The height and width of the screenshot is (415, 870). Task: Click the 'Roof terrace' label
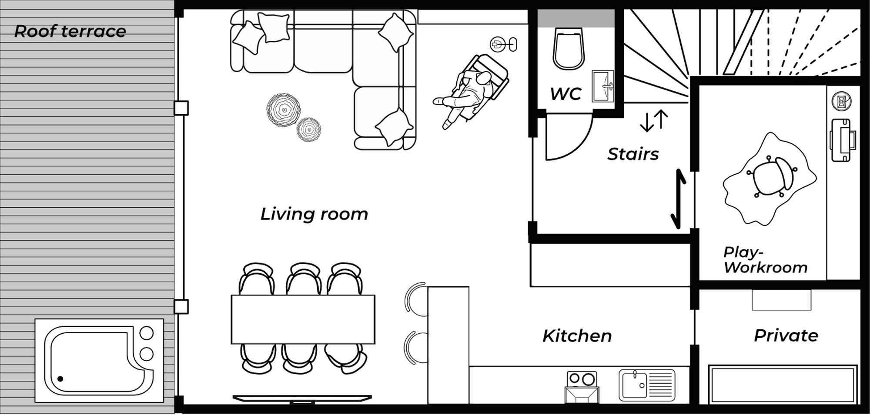(70, 31)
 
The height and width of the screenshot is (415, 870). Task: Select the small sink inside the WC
(603, 86)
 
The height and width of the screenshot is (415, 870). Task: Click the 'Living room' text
(314, 214)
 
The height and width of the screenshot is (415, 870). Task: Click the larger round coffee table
(284, 110)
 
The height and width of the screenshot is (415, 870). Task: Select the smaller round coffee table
(309, 129)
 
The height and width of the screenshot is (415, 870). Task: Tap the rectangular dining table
(303, 319)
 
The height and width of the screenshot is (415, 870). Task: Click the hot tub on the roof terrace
(99, 360)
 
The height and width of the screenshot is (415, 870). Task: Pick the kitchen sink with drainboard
(647, 385)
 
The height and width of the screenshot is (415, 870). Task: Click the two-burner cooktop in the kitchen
(582, 379)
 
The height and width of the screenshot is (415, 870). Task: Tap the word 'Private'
(786, 335)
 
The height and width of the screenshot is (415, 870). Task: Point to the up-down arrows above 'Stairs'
(654, 121)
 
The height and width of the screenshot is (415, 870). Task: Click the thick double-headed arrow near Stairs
(679, 199)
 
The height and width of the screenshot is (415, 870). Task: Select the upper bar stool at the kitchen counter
(415, 297)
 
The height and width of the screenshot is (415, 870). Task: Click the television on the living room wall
(302, 398)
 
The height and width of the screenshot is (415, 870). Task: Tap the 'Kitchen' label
(577, 336)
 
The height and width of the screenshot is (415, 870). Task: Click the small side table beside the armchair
(504, 44)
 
